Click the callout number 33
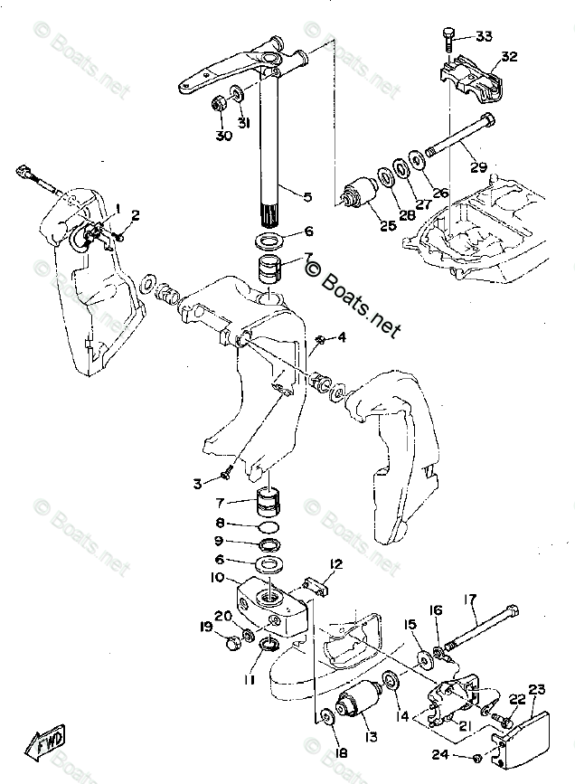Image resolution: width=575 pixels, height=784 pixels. (484, 36)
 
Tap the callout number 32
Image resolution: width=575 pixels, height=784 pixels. (508, 56)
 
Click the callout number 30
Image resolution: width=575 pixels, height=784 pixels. (223, 136)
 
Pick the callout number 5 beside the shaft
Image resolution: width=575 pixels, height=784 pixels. (307, 196)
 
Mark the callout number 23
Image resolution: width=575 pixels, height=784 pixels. (537, 689)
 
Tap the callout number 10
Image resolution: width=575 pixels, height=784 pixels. (219, 577)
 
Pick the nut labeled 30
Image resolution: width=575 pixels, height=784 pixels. (220, 101)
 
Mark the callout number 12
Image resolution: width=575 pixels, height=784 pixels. (336, 565)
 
